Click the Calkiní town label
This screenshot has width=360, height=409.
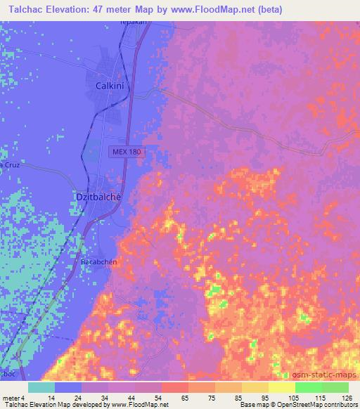[x=110, y=85]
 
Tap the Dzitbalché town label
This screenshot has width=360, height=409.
[x=98, y=197]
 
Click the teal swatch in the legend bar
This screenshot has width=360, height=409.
[x=41, y=387]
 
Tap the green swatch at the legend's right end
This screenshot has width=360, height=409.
[x=335, y=387]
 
